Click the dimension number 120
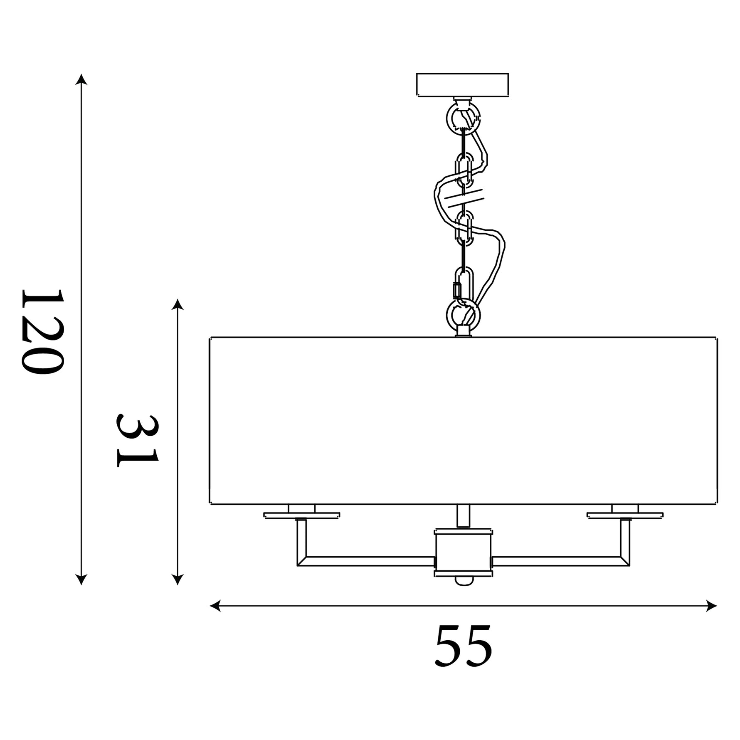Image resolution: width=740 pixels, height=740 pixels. [x=42, y=332]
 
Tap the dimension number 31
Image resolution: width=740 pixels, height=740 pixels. [x=137, y=441]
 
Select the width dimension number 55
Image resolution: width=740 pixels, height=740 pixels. [x=463, y=645]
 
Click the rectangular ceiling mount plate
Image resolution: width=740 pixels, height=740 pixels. [x=462, y=85]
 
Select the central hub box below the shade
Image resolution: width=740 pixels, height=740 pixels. [x=463, y=553]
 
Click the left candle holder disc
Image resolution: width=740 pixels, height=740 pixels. [x=302, y=516]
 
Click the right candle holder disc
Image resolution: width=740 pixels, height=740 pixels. [x=625, y=516]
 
